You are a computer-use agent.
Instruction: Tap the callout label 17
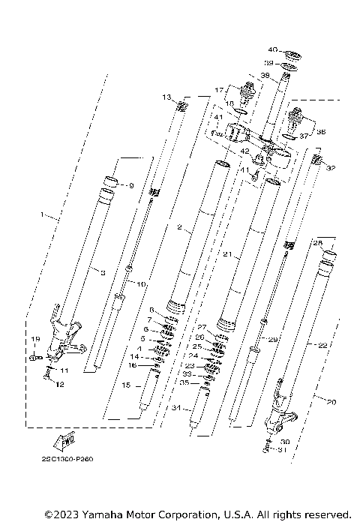click(x=220, y=90)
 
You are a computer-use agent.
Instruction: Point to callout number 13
click(x=166, y=97)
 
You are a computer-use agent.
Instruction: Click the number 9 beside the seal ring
click(x=130, y=185)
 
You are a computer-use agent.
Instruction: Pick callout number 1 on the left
click(x=43, y=215)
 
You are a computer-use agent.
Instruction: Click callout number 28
click(x=317, y=243)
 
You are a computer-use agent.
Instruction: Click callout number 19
click(x=34, y=340)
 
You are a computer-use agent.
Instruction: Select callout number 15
click(x=126, y=385)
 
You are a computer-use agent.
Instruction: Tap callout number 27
click(x=200, y=327)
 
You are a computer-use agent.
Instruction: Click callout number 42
click(x=244, y=151)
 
